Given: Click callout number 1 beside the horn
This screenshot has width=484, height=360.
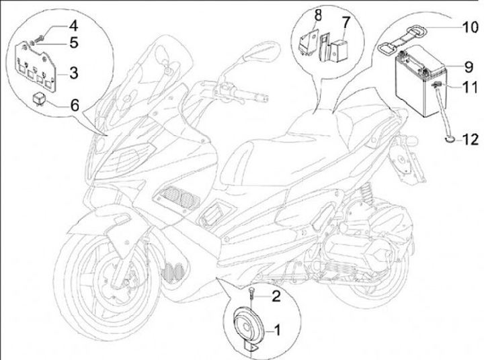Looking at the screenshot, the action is coord(277,330).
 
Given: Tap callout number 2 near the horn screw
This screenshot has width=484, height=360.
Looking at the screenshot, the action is coord(276,296).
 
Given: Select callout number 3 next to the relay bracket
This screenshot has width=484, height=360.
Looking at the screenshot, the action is coord(73,73).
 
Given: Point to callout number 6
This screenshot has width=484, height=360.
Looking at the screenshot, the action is coord(75,105).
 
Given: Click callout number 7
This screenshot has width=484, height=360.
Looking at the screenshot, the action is coord(346,22).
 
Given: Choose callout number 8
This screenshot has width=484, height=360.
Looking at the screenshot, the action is coord(317,15).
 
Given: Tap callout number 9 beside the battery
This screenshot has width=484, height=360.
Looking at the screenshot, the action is coord(469,67).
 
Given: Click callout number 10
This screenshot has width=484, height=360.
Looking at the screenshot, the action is coord(470,28).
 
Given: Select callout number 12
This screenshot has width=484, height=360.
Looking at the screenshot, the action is coord(470,140).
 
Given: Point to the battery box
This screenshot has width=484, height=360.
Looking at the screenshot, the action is coord(420,81).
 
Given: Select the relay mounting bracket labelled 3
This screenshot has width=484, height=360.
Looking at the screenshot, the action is coord(36,67).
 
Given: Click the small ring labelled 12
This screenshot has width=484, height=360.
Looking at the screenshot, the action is coord(450,140).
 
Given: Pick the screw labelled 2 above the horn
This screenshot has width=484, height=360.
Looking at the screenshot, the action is coord(252,293).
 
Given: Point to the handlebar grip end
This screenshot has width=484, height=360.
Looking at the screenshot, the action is coord(265,99).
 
